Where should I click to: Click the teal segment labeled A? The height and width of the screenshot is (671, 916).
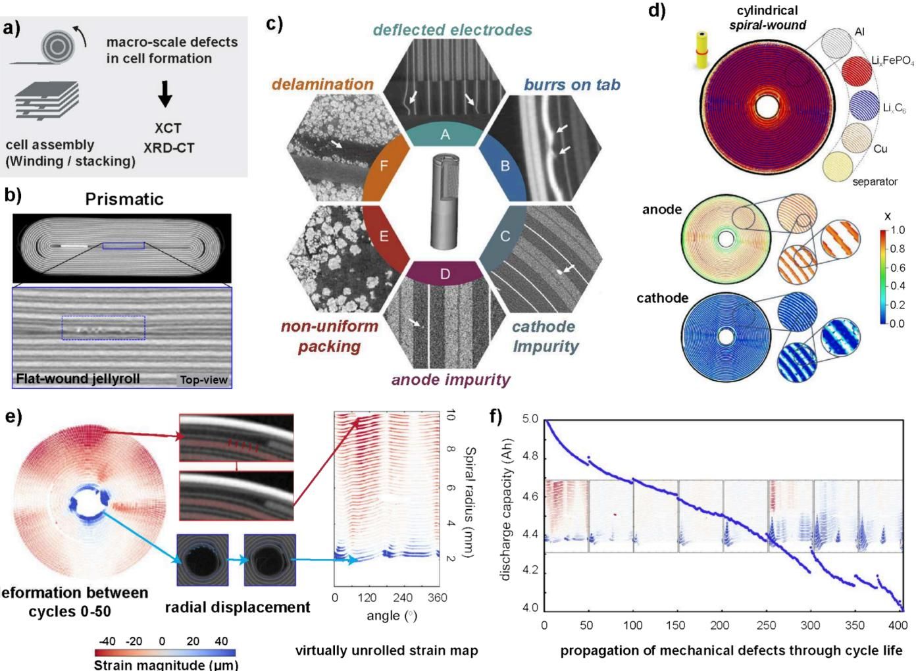point(444,134)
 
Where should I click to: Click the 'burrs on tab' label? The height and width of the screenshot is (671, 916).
point(572,85)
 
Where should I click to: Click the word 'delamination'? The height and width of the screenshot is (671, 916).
point(322,84)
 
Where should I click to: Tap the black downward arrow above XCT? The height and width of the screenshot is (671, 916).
point(165,93)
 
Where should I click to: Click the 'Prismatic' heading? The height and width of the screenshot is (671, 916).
point(124,199)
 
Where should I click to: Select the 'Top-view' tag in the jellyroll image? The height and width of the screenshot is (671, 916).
point(203,380)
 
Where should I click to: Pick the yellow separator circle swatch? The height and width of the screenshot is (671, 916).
point(838,166)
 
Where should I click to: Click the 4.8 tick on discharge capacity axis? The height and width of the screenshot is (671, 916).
point(530,457)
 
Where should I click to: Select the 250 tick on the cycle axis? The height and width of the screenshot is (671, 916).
point(766,625)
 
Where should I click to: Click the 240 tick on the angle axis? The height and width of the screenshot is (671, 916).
point(402,598)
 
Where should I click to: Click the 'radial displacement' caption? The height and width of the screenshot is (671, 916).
point(238,607)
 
